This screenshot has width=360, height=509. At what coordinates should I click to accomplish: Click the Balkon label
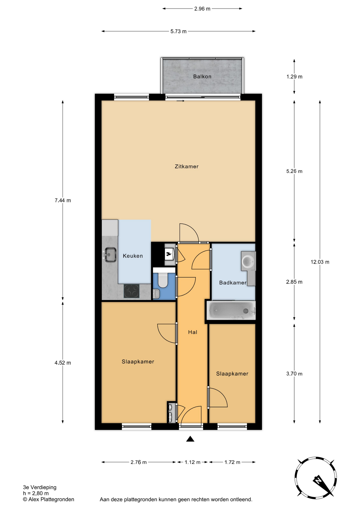pyautogui.click(x=202, y=77)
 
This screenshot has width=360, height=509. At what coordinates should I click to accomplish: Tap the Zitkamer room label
pyautogui.click(x=186, y=166)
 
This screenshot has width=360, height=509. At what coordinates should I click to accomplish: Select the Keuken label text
pyautogui.click(x=133, y=256)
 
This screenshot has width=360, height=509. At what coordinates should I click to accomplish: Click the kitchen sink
pyautogui.click(x=110, y=254)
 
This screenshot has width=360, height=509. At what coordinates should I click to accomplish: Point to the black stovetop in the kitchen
pyautogui.click(x=132, y=291)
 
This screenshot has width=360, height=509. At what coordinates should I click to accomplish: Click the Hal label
pyautogui.click(x=192, y=332)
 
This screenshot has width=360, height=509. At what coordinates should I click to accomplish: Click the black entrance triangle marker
pyautogui.click(x=190, y=439)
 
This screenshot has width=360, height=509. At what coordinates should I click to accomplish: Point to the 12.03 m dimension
pyautogui.click(x=320, y=262)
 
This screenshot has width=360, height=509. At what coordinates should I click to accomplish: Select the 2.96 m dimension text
pyautogui.click(x=202, y=9)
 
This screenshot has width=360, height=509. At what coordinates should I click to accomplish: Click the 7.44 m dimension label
pyautogui.click(x=63, y=200)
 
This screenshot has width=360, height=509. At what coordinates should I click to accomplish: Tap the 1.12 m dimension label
pyautogui.click(x=192, y=462)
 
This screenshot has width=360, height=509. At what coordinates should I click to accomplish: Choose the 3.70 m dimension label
pyautogui.click(x=294, y=374)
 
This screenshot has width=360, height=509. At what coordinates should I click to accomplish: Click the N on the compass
pyautogui.click(x=318, y=480)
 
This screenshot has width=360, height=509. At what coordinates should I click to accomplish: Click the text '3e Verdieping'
pyautogui.click(x=40, y=487)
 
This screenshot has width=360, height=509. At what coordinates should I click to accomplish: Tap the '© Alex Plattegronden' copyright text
pyautogui.click(x=49, y=499)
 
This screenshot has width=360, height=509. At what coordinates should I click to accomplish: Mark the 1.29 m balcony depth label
pyautogui.click(x=294, y=77)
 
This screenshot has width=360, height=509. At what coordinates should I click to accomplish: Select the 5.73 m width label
pyautogui.click(x=178, y=31)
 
